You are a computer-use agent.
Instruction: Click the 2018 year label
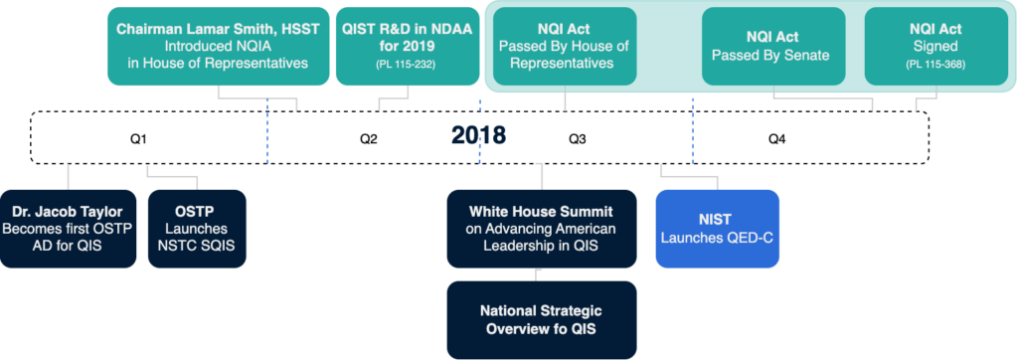[478, 136]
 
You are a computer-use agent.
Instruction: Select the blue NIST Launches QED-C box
[717, 228]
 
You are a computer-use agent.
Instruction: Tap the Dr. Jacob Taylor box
[69, 228]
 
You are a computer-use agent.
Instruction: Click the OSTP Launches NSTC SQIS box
[196, 228]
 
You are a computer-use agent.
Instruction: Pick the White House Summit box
[541, 228]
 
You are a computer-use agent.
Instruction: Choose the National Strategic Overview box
[541, 319]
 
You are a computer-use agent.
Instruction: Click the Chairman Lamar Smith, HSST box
[218, 46]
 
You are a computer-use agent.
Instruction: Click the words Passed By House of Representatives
[564, 55]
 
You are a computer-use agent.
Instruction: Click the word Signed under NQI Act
[933, 47]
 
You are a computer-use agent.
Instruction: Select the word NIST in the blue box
[717, 218]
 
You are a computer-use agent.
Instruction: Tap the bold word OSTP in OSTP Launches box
[196, 211]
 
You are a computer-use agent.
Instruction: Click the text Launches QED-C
[717, 238]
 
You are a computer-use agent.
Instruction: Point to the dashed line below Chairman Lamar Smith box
[266, 134]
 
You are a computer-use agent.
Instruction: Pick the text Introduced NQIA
[218, 46]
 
